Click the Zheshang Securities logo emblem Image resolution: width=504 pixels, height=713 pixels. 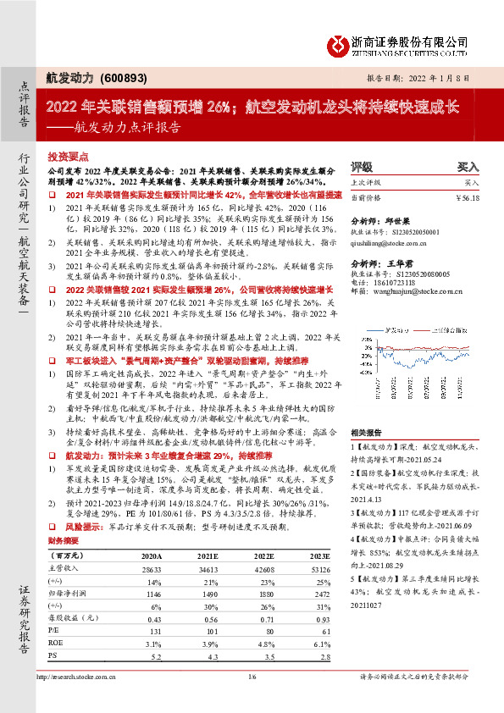(x=340, y=43)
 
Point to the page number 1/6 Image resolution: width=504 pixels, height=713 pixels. (x=251, y=677)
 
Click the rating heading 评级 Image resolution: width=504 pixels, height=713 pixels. (x=361, y=167)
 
